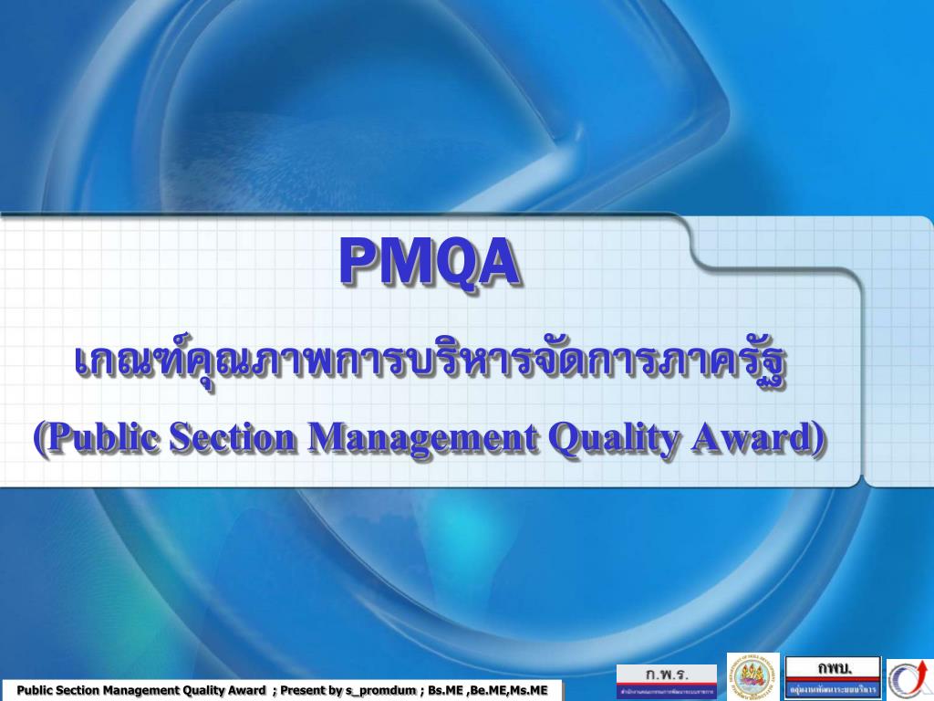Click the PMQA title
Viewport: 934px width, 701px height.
(x=430, y=262)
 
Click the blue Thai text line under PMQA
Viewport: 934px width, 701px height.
(x=430, y=364)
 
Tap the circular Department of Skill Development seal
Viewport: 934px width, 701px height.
(x=753, y=676)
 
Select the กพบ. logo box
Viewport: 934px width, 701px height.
(x=834, y=676)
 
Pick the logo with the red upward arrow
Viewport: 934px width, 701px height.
(x=908, y=679)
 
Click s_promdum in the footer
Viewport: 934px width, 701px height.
(x=382, y=690)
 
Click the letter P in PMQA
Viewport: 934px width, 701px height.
(x=358, y=262)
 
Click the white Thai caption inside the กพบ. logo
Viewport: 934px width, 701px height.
(x=834, y=688)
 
